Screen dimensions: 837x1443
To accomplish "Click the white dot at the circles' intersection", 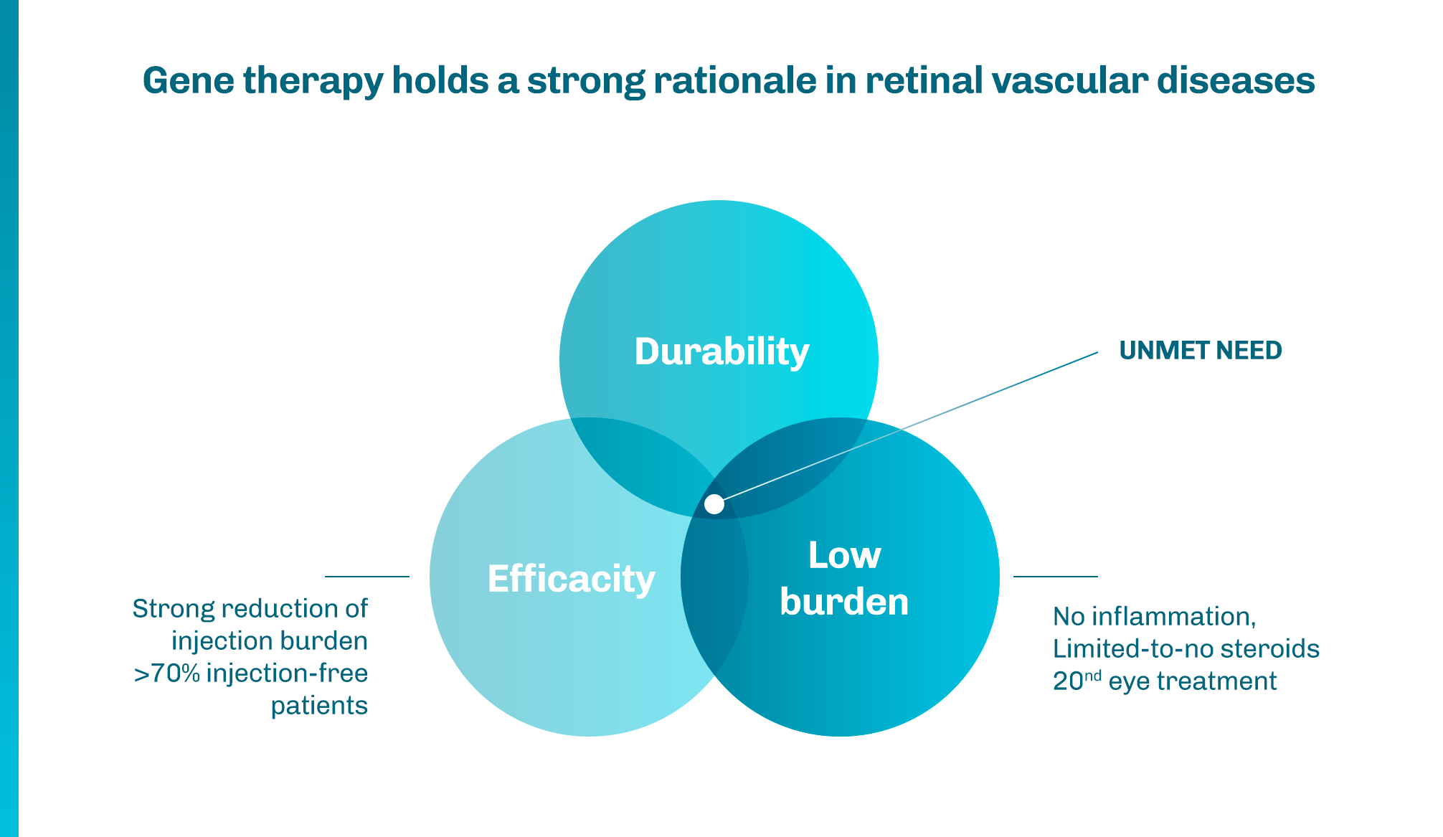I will pyautogui.click(x=714, y=504).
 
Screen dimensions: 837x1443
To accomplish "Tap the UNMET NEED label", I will pyautogui.click(x=1200, y=350).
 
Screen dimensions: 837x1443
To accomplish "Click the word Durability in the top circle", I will pyautogui.click(x=721, y=351).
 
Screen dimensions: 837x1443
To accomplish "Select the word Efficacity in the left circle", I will pyautogui.click(x=571, y=578).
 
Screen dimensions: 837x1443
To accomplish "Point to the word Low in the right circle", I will pyautogui.click(x=844, y=555).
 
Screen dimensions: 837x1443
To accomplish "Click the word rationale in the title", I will pyautogui.click(x=734, y=80).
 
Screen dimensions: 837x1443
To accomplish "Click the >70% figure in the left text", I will pyautogui.click(x=166, y=673).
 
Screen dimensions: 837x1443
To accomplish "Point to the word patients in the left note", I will pyautogui.click(x=319, y=706).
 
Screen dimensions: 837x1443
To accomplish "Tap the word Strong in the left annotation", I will pyautogui.click(x=174, y=609).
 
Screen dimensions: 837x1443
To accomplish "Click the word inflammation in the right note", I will pyautogui.click(x=1173, y=617).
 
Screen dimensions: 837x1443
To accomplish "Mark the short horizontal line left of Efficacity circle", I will pyautogui.click(x=366, y=576).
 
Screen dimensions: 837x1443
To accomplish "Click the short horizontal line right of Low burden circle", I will pyautogui.click(x=1055, y=576).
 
